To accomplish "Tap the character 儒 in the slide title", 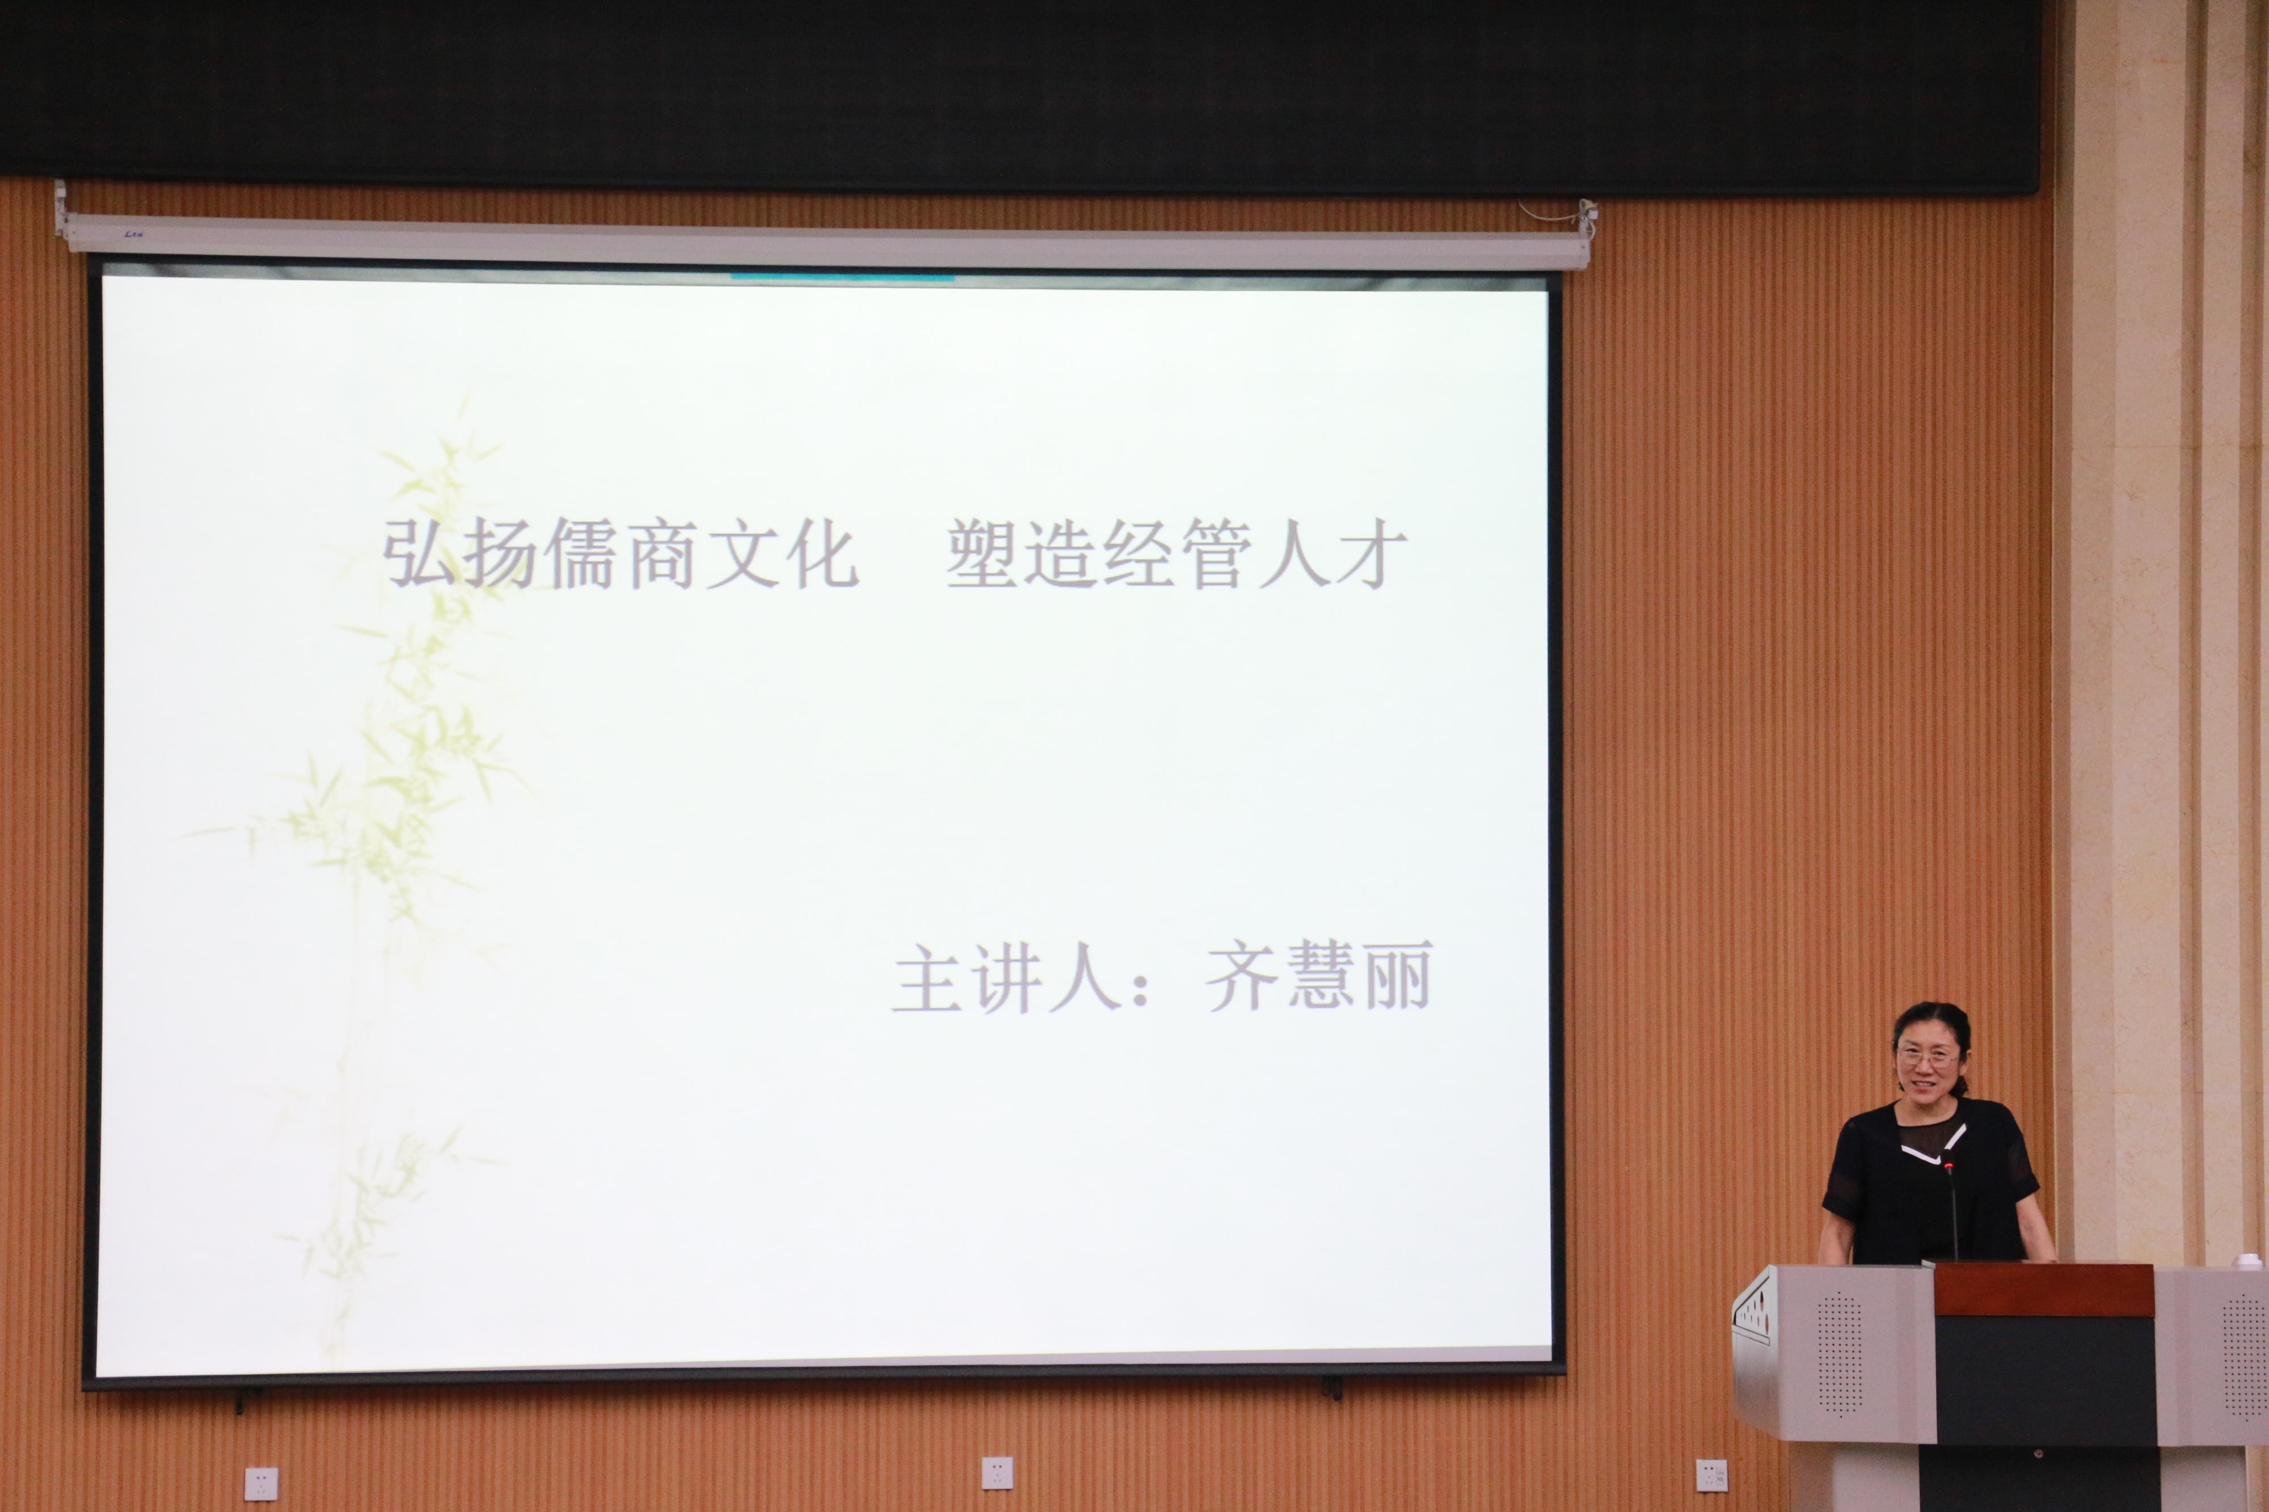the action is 581,555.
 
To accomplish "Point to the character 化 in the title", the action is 821,555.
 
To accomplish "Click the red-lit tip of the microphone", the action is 1949,1168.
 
